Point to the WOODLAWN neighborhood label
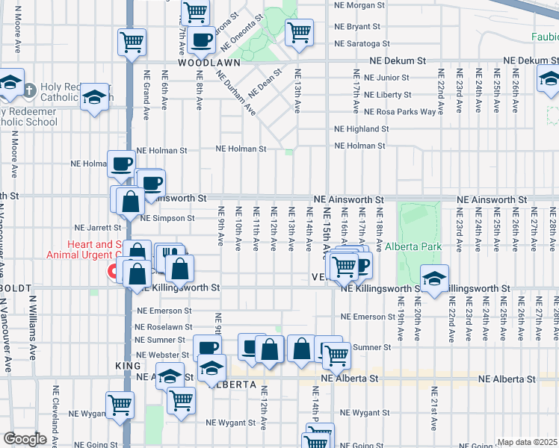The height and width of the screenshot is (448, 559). click(x=203, y=63)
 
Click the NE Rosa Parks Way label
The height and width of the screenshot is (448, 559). click(x=400, y=112)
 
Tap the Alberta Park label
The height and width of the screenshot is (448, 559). click(x=413, y=246)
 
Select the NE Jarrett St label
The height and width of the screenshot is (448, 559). click(x=97, y=227)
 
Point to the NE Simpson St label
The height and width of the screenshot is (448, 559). click(x=167, y=218)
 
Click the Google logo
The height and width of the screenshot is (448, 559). click(x=25, y=439)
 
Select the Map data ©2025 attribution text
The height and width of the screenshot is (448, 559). click(x=528, y=442)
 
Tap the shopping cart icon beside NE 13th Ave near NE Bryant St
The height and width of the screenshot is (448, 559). click(x=299, y=32)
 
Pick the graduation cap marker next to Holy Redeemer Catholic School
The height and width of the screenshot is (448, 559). click(x=95, y=96)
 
